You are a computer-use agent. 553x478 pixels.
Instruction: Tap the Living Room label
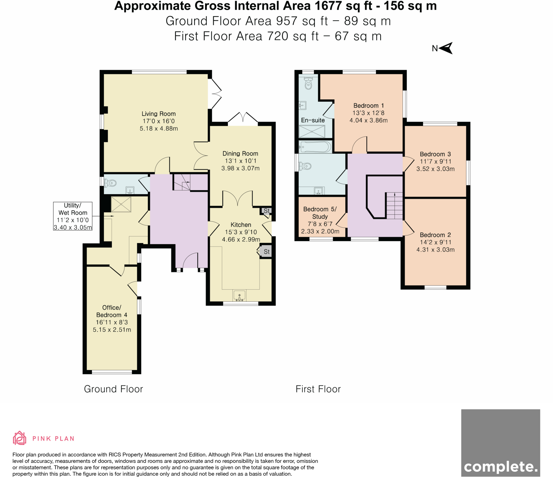pyautogui.click(x=159, y=114)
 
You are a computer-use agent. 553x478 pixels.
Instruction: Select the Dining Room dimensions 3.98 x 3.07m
pyautogui.click(x=240, y=168)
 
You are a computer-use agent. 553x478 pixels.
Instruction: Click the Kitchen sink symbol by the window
pyautogui.click(x=239, y=295)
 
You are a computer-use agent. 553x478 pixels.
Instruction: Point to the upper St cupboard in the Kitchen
pyautogui.click(x=266, y=211)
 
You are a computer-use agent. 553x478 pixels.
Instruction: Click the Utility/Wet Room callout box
pyautogui.click(x=73, y=216)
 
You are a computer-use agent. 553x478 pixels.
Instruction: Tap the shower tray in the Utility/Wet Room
pyautogui.click(x=121, y=204)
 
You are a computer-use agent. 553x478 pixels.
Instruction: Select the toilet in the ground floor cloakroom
pyautogui.click(x=111, y=183)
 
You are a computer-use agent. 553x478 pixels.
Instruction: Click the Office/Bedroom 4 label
pyautogui.click(x=112, y=311)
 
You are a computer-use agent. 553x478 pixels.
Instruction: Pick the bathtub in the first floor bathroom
pyautogui.click(x=315, y=147)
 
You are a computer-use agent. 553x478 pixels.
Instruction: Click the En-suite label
pyautogui.click(x=313, y=120)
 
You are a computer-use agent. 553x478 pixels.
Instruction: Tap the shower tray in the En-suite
pyautogui.click(x=312, y=132)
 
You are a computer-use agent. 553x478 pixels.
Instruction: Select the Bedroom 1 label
pyautogui.click(x=368, y=106)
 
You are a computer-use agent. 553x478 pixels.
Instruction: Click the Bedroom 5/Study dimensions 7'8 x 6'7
pyautogui.click(x=320, y=224)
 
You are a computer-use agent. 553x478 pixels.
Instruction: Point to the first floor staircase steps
pyautogui.click(x=394, y=206)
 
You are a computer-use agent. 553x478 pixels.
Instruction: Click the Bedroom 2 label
pyautogui.click(x=435, y=235)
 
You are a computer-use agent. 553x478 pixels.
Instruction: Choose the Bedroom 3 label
pyautogui.click(x=435, y=154)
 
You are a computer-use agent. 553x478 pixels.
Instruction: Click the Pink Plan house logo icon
pyautogui.click(x=19, y=438)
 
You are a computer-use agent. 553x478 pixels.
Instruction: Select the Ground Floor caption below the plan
pyautogui.click(x=113, y=389)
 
